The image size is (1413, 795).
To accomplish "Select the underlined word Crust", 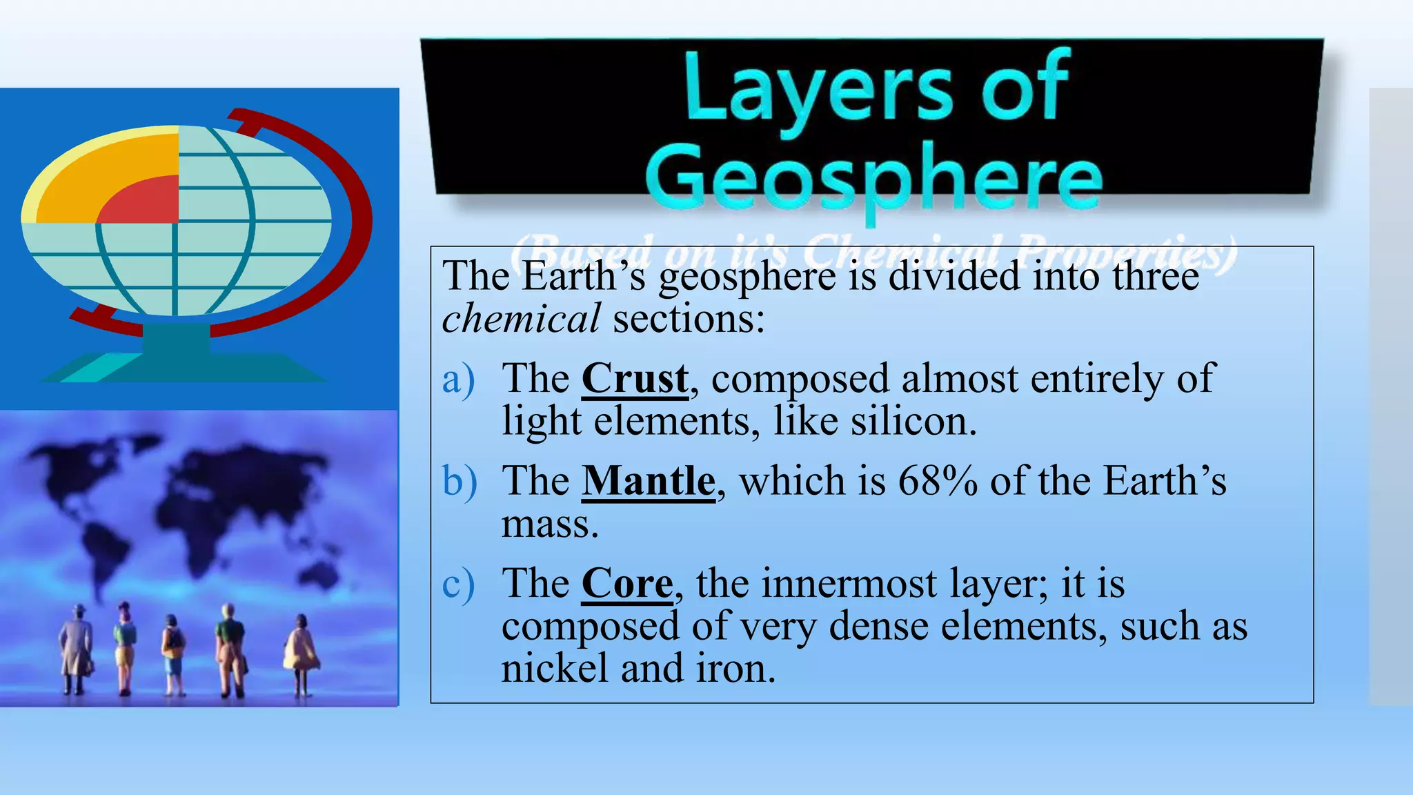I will (635, 378).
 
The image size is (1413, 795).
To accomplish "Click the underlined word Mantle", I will (649, 480).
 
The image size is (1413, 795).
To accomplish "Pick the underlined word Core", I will (626, 583).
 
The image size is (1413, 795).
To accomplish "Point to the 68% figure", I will (938, 480).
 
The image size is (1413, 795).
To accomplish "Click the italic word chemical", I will (521, 319).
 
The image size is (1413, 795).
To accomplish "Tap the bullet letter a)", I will (458, 379).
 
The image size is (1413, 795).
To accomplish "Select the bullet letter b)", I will (459, 481).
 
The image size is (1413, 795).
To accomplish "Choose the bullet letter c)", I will (458, 584).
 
